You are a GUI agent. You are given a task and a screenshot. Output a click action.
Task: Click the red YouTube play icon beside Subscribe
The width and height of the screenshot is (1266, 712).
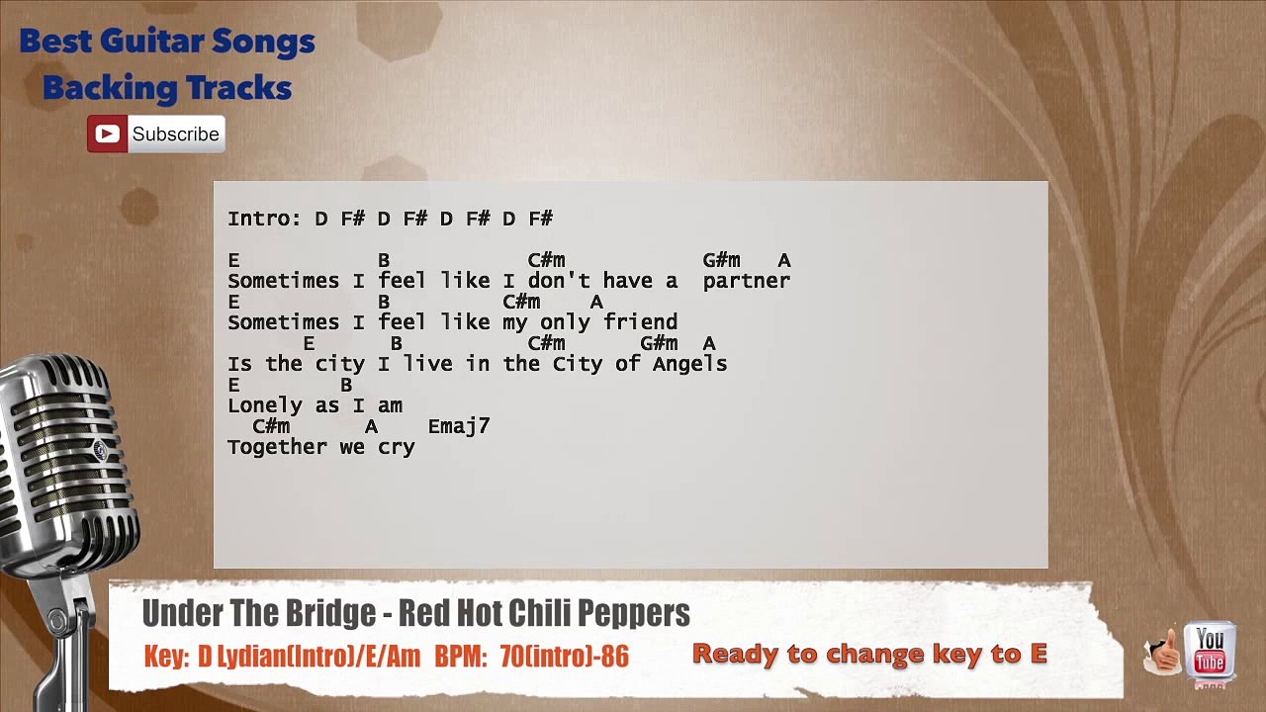point(107,133)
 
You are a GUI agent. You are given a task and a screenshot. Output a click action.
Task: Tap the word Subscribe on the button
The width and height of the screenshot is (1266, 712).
point(175,134)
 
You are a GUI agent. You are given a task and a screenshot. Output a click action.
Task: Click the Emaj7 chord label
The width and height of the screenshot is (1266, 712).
point(459,426)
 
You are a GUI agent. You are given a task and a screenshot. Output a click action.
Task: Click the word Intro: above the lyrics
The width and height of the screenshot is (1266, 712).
point(264,219)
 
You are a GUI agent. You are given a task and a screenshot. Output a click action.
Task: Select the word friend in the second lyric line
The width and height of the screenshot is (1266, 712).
point(640,322)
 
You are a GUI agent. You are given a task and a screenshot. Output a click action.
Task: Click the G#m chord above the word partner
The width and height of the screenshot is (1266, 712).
point(721,260)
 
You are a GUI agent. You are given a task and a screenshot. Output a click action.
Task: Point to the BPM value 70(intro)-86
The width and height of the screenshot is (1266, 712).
point(564,656)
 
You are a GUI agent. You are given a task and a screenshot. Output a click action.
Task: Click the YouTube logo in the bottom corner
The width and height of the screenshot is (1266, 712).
point(1210,653)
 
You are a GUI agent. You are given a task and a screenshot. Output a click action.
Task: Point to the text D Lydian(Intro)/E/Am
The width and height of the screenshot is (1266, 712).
point(309,656)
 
